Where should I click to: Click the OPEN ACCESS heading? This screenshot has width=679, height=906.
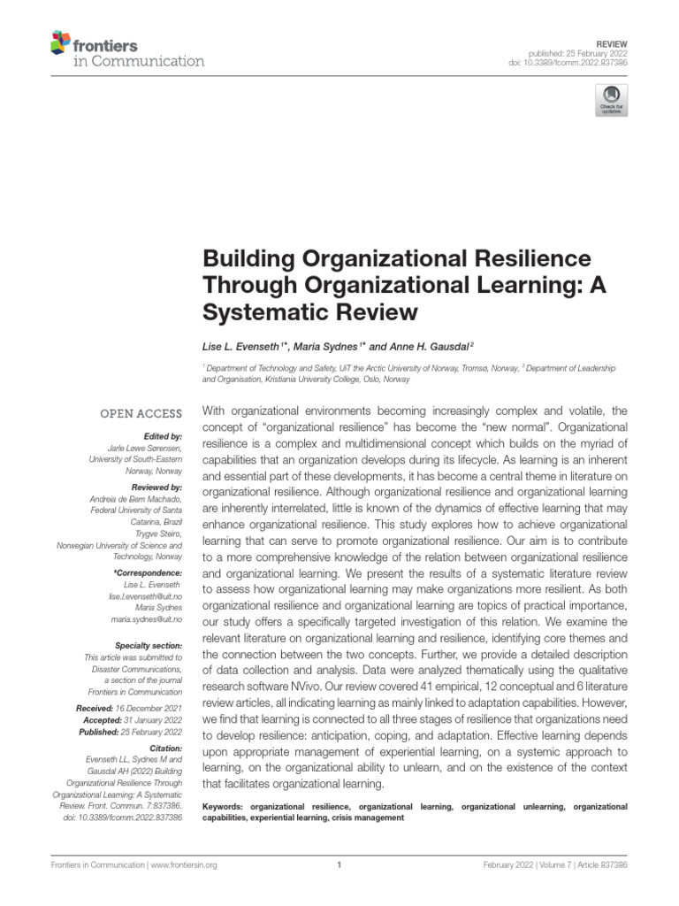point(141,413)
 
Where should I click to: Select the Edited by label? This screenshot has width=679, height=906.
point(162,436)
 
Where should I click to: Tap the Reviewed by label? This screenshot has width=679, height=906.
point(156,488)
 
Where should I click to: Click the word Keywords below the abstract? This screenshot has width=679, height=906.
point(224,807)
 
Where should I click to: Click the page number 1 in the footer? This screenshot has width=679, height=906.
point(339,865)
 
